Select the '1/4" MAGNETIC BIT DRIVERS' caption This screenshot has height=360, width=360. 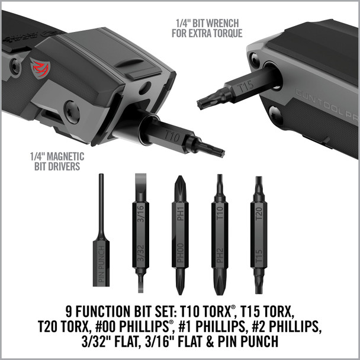pyautogui.click(x=57, y=161)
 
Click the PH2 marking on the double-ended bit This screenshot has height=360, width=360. pyautogui.click(x=219, y=256)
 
